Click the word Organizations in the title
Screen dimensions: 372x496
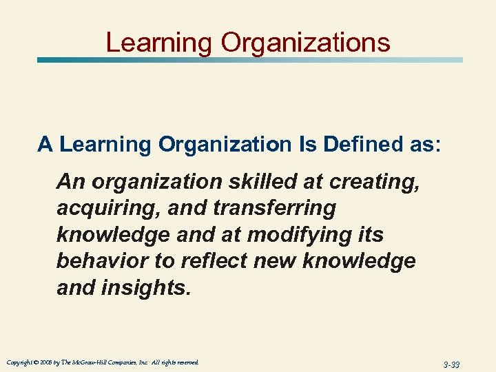tap(305, 43)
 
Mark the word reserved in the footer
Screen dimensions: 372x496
tap(185, 362)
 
